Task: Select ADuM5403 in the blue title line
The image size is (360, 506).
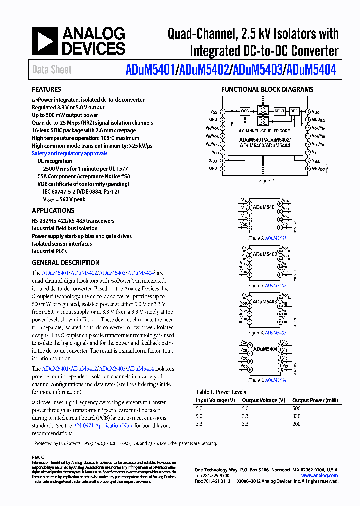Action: pyautogui.click(x=256, y=70)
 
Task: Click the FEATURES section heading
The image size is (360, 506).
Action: pyautogui.click(x=46, y=90)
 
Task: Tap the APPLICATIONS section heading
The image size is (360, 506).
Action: pyautogui.click(x=53, y=211)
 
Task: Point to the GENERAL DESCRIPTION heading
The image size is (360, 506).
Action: pyautogui.click(x=66, y=263)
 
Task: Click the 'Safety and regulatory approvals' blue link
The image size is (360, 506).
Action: pyautogui.click(x=70, y=154)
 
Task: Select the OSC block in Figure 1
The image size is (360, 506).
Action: pyautogui.click(x=245, y=111)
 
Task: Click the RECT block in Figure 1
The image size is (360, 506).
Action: pyautogui.click(x=279, y=111)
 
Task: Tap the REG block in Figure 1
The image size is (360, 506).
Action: pyautogui.click(x=294, y=111)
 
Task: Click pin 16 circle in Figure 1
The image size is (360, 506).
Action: pyautogui.click(x=308, y=112)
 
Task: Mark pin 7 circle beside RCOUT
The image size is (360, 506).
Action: pyautogui.click(x=223, y=161)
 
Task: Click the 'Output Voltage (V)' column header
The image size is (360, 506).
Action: pyautogui.click(x=263, y=400)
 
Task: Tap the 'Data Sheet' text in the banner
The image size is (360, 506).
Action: pyautogui.click(x=52, y=70)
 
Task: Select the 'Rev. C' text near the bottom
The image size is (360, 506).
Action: pyautogui.click(x=38, y=457)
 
